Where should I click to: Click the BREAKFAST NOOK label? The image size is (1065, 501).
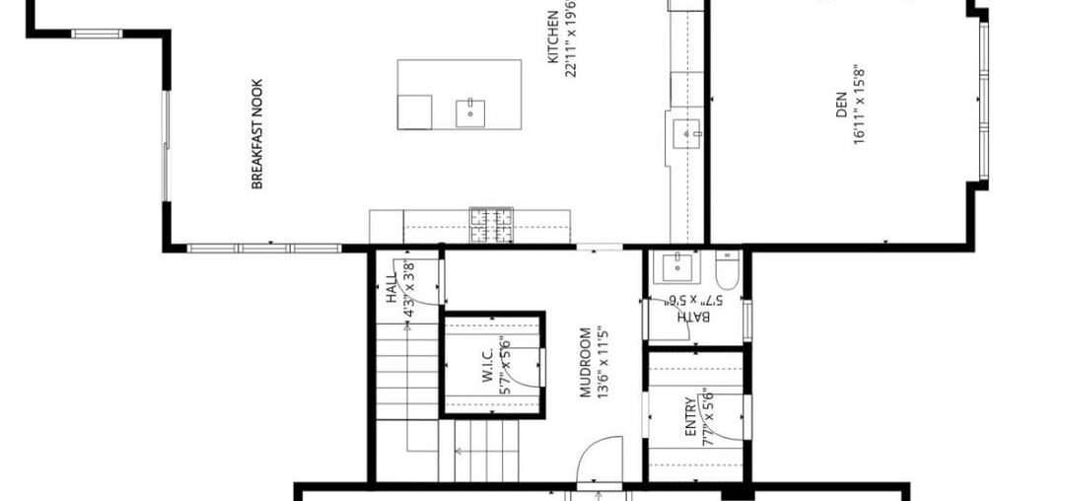click(x=257, y=134)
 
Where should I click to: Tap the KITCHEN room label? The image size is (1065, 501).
click(x=554, y=37)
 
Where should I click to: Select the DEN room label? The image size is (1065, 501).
click(x=841, y=107)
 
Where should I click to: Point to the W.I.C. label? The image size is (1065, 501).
click(x=487, y=366)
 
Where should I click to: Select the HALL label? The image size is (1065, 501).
click(x=391, y=288)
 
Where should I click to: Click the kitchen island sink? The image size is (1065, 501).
click(x=471, y=112)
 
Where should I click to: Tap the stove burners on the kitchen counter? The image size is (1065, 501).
click(x=491, y=226)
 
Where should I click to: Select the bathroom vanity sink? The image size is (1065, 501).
click(x=679, y=264)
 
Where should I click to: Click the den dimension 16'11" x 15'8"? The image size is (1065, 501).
click(x=859, y=107)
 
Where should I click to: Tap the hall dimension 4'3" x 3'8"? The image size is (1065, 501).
click(x=409, y=288)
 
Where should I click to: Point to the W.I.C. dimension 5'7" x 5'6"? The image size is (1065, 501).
click(x=505, y=366)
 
